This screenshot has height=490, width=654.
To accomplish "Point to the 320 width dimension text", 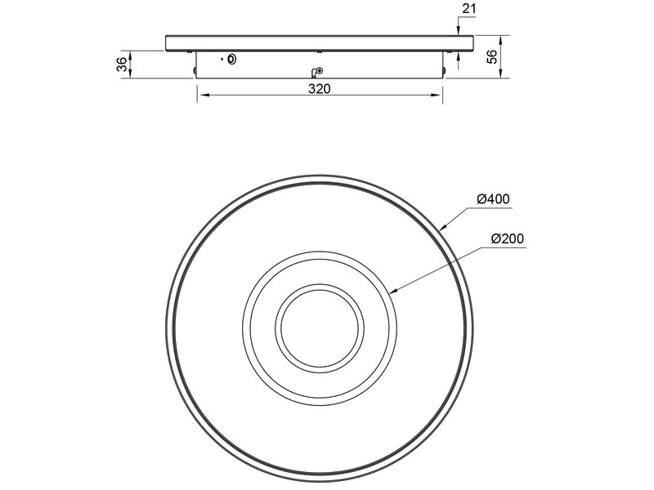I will point(319,89).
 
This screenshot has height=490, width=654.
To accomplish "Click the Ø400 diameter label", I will point(492,199).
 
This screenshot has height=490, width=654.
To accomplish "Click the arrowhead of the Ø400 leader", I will point(441,226).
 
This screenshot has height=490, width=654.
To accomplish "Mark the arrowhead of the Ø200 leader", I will point(394,291).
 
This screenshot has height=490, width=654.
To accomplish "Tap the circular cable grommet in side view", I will point(233,60).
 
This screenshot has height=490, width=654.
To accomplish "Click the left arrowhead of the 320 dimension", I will point(201,96).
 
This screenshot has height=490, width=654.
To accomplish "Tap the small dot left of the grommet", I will point(222,60).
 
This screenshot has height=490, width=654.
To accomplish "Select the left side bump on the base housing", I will point(194,71).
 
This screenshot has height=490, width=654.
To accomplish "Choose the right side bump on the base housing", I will point(444,71).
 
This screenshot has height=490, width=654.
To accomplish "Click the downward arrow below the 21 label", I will point(458,31).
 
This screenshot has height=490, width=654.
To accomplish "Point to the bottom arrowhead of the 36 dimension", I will point(131,75).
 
